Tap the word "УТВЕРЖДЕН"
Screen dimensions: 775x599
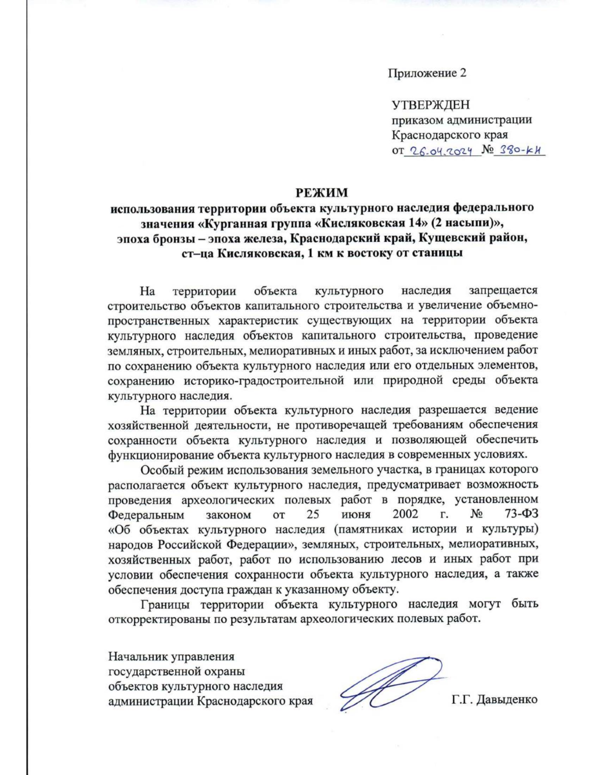430,105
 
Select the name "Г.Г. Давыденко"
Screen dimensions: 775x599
494,700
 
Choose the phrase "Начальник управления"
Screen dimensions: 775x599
171,656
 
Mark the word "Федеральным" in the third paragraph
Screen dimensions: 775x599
146,514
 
